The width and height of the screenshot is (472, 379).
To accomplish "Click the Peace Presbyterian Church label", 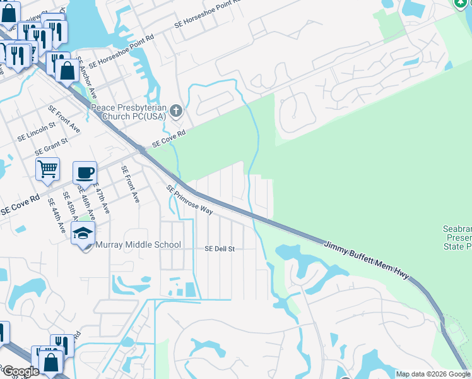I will tap(128, 112).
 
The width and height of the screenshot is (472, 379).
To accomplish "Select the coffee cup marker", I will tap(85, 172).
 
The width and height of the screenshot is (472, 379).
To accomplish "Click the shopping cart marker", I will tap(47, 169).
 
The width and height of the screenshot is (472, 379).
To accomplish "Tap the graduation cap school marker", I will tap(83, 234).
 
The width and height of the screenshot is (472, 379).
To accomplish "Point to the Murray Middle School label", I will tap(138, 244).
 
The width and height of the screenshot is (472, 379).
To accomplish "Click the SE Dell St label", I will tap(219, 249).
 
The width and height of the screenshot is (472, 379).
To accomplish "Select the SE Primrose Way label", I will tap(189, 199).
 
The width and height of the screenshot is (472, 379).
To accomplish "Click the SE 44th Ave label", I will tap(57, 216).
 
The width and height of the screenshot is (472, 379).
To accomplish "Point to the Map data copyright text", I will tap(433, 374).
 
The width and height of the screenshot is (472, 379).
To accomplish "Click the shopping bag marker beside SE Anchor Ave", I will tap(67, 71).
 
